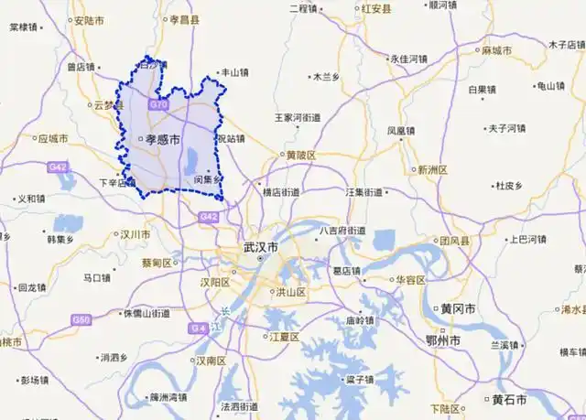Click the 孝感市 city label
pyautogui.click(x=160, y=139)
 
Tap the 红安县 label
pyautogui.click(x=375, y=9)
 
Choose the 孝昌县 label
pyautogui.click(x=182, y=18)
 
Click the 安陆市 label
pyautogui.click(x=88, y=19)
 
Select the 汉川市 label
pyautogui.click(x=134, y=234)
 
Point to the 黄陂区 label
pyautogui.click(x=298, y=156)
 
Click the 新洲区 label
pyautogui.click(x=432, y=169)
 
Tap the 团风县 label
pyautogui.click(x=453, y=241)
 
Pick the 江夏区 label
pyautogui.click(x=284, y=337)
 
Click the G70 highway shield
pyautogui.click(x=159, y=105)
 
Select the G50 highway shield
pyautogui.click(x=81, y=319)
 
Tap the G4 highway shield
pyautogui.click(x=198, y=328)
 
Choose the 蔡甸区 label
pyautogui.click(x=157, y=263)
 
